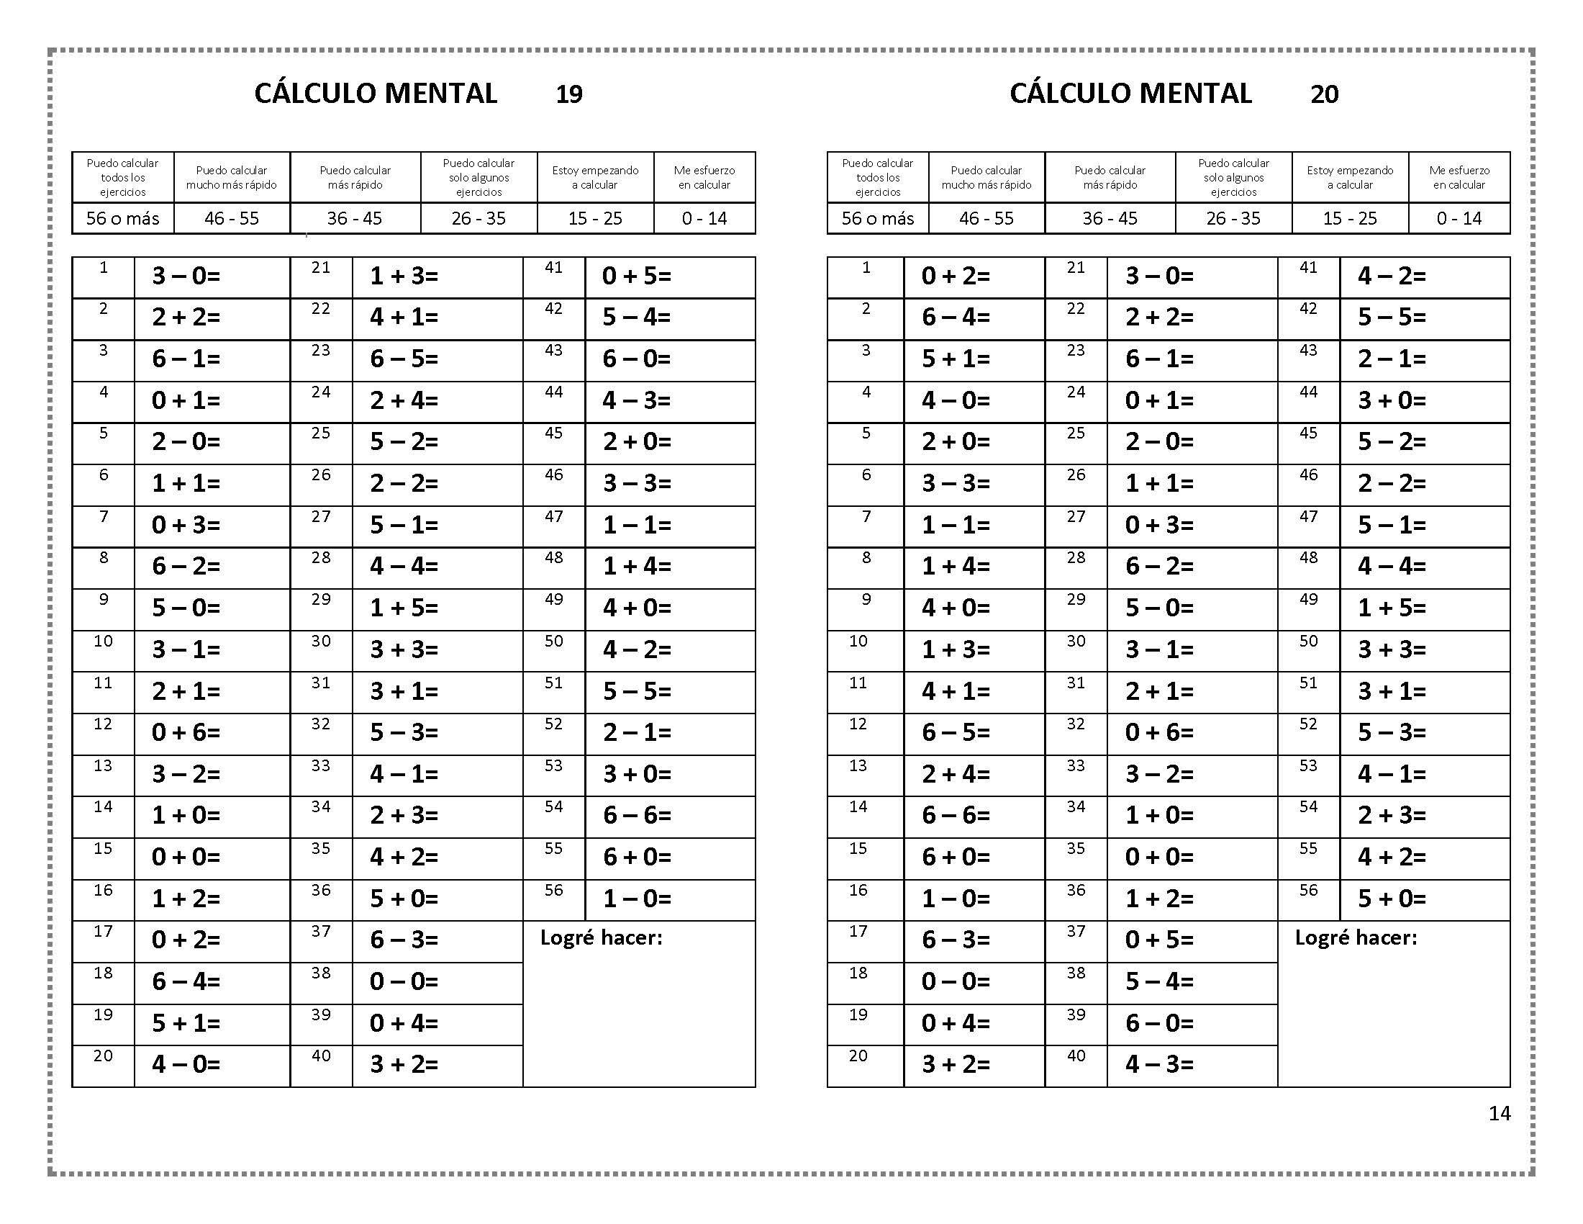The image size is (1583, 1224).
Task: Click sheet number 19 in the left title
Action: click(x=569, y=94)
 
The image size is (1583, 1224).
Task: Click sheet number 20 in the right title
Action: click(x=1324, y=94)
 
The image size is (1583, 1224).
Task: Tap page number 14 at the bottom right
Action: click(x=1500, y=1113)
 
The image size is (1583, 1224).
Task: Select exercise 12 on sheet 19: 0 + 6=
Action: click(x=186, y=732)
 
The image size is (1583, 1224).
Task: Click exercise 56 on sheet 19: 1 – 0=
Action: click(x=637, y=899)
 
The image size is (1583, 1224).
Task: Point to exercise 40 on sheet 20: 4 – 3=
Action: click(x=1159, y=1064)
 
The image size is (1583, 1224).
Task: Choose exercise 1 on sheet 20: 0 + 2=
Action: click(x=956, y=276)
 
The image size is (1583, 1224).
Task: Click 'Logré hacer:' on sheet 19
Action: click(x=601, y=938)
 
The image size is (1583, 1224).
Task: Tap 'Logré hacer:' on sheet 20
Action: click(x=1356, y=938)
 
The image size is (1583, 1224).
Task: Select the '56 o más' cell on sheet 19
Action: click(x=122, y=218)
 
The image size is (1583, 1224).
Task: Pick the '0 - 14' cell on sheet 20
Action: click(x=1459, y=218)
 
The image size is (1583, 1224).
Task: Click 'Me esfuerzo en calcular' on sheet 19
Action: click(x=704, y=178)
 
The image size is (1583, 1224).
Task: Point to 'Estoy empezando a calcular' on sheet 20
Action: click(x=1350, y=178)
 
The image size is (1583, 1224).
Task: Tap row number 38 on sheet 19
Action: click(x=321, y=973)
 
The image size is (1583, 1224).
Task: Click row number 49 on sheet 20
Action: click(x=1308, y=600)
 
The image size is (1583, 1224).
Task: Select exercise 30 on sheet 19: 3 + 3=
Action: click(x=404, y=649)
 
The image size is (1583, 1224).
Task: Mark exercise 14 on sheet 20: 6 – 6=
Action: click(x=956, y=816)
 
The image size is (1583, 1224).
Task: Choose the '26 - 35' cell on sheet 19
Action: click(x=478, y=218)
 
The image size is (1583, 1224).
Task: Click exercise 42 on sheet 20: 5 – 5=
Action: click(x=1392, y=318)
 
